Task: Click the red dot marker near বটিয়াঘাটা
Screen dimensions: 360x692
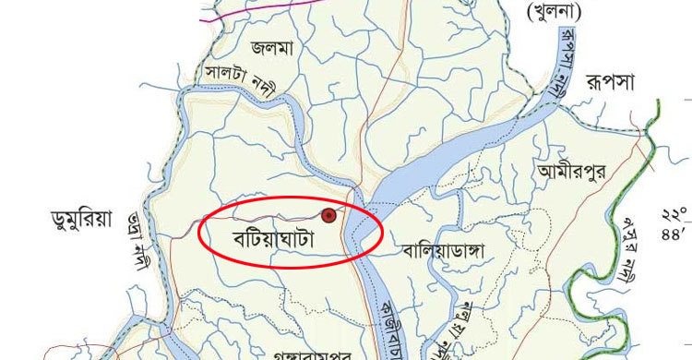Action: pos(328,215)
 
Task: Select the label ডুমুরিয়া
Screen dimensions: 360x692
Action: pos(82,220)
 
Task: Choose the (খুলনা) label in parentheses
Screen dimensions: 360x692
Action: pos(555,12)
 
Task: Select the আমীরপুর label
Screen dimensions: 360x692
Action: pos(572,172)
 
